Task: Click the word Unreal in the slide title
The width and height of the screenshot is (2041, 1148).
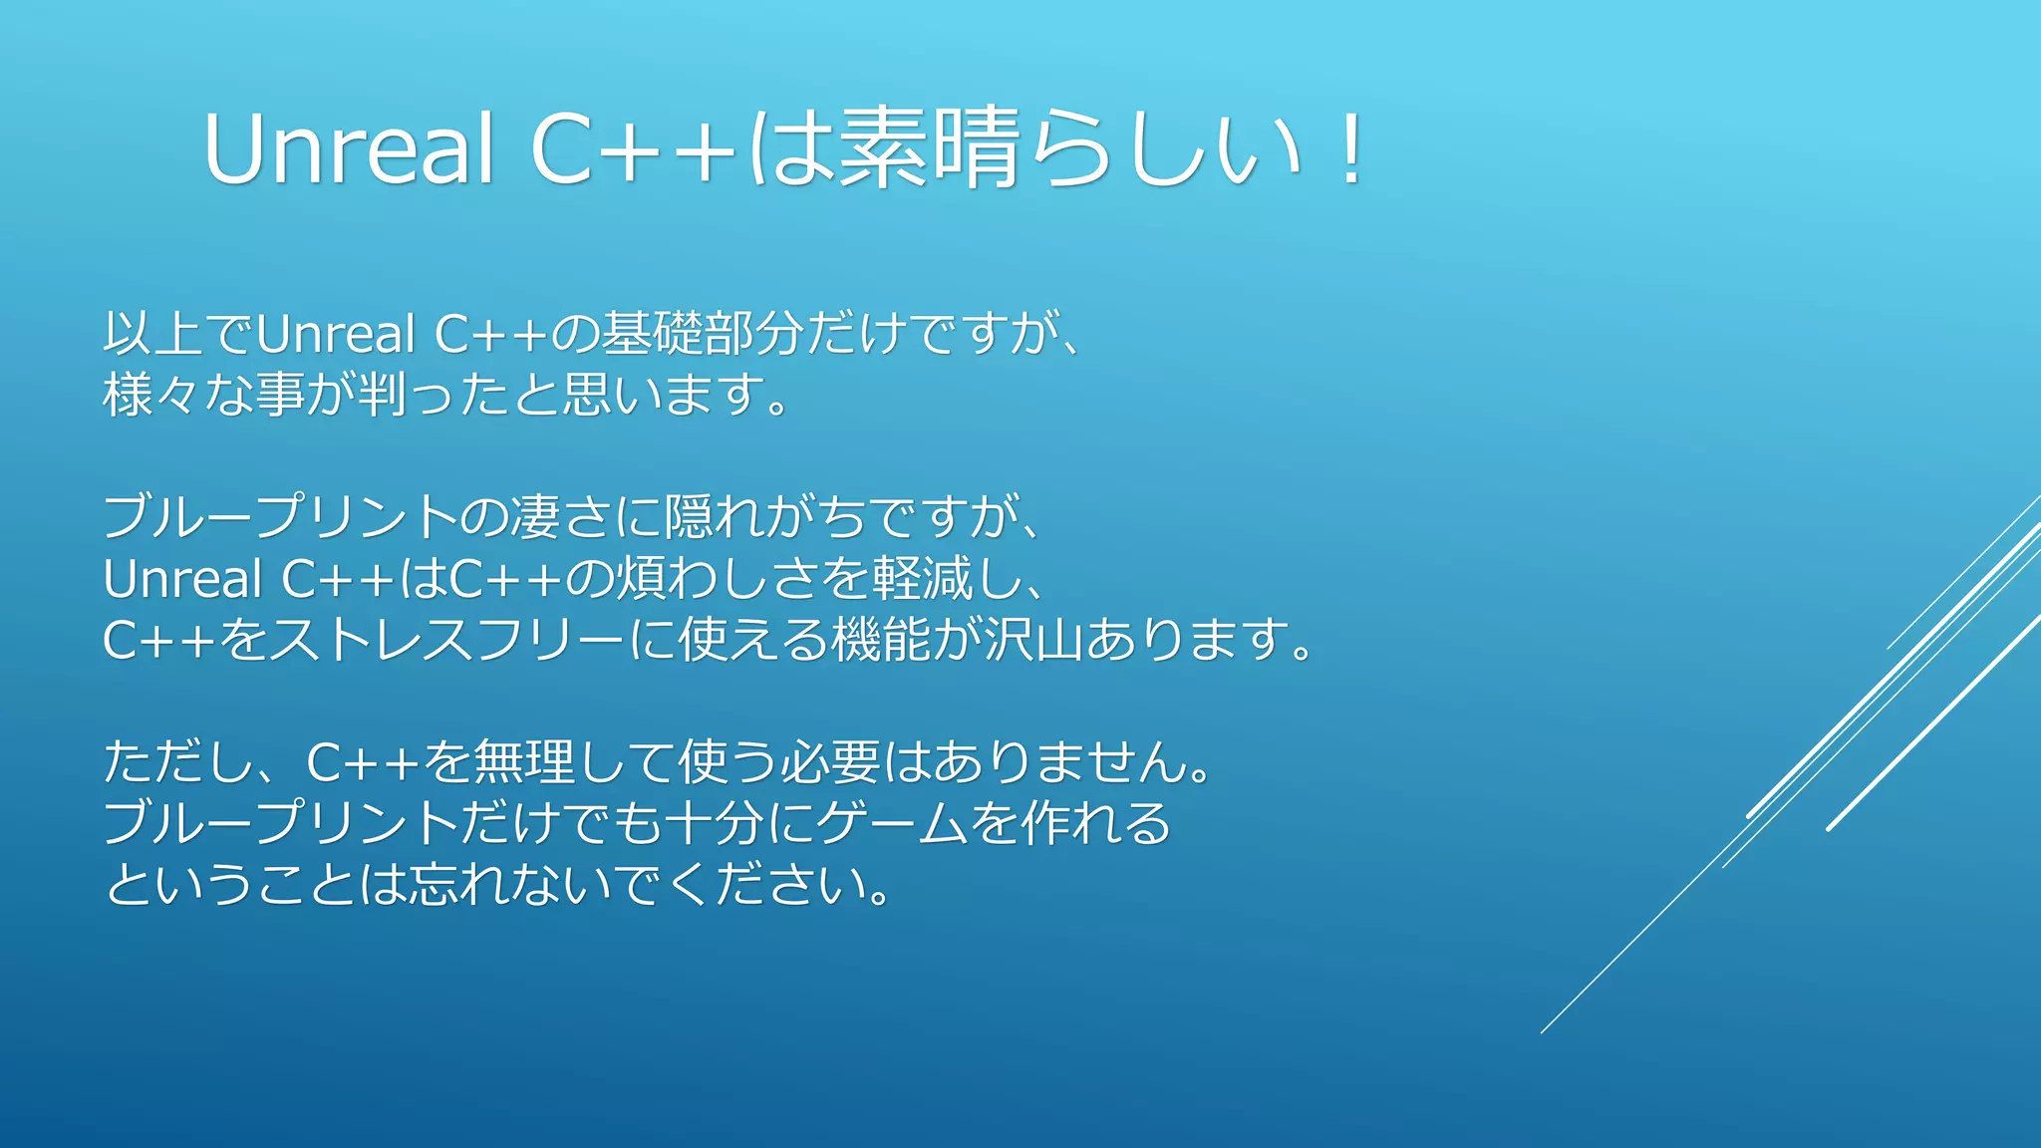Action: (349, 149)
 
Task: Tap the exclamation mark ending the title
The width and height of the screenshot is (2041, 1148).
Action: (1351, 149)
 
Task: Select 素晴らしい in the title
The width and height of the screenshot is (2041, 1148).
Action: (1071, 149)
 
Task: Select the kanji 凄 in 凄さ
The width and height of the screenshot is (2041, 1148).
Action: (535, 517)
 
